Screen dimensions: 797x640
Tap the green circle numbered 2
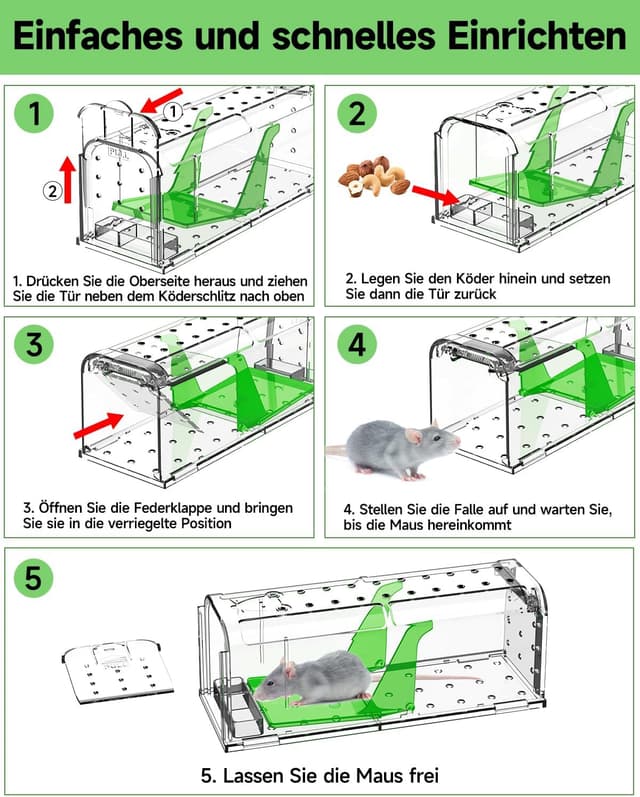[357, 114]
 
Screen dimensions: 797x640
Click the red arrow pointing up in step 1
[68, 177]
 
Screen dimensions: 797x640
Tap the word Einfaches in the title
[98, 36]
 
